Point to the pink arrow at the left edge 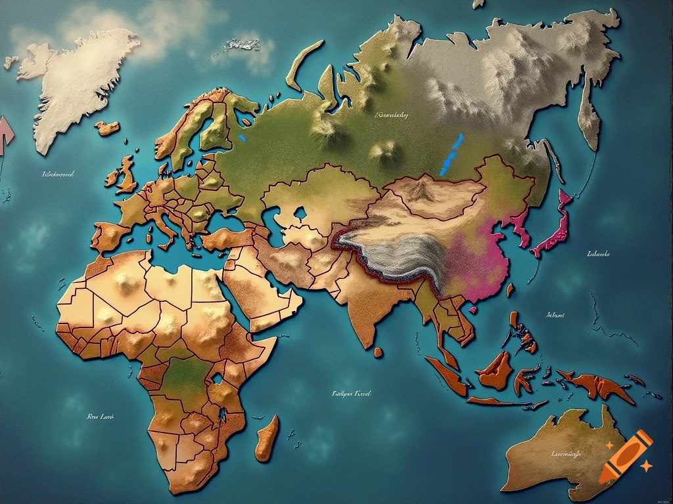pyautogui.click(x=6, y=135)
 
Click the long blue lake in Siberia pyautogui.click(x=452, y=155)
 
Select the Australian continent pyautogui.click(x=565, y=453)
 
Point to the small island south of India pyautogui.click(x=378, y=352)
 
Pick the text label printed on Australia pyautogui.click(x=565, y=453)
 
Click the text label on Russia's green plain pyautogui.click(x=390, y=115)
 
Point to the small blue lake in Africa pyautogui.click(x=216, y=379)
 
